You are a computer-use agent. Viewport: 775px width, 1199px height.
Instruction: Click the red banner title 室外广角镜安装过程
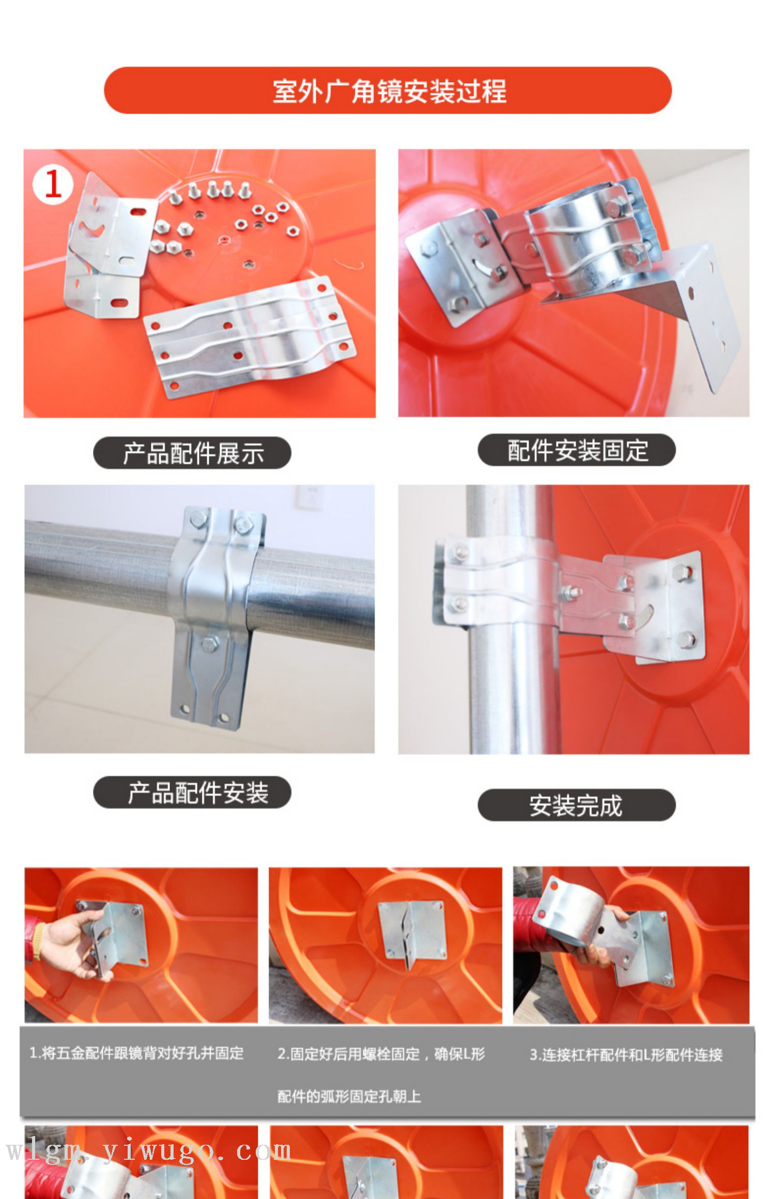[389, 91]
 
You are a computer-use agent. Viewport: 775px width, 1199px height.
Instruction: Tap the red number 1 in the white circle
[52, 184]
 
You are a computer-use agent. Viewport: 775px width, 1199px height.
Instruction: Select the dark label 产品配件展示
[193, 453]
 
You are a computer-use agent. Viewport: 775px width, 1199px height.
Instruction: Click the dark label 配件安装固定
[577, 450]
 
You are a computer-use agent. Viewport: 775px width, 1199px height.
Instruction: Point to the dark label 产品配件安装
[198, 793]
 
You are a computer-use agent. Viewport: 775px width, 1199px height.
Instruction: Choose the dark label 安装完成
[576, 806]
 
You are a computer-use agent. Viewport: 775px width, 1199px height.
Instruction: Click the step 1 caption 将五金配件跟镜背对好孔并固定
[136, 1053]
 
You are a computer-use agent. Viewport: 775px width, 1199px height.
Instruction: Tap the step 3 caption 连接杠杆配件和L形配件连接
[626, 1054]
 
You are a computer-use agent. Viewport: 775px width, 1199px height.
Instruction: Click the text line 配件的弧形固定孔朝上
[349, 1096]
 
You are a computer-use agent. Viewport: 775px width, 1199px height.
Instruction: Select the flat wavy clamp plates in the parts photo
[249, 336]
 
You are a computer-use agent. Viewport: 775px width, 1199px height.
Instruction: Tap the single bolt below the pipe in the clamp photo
[209, 643]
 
